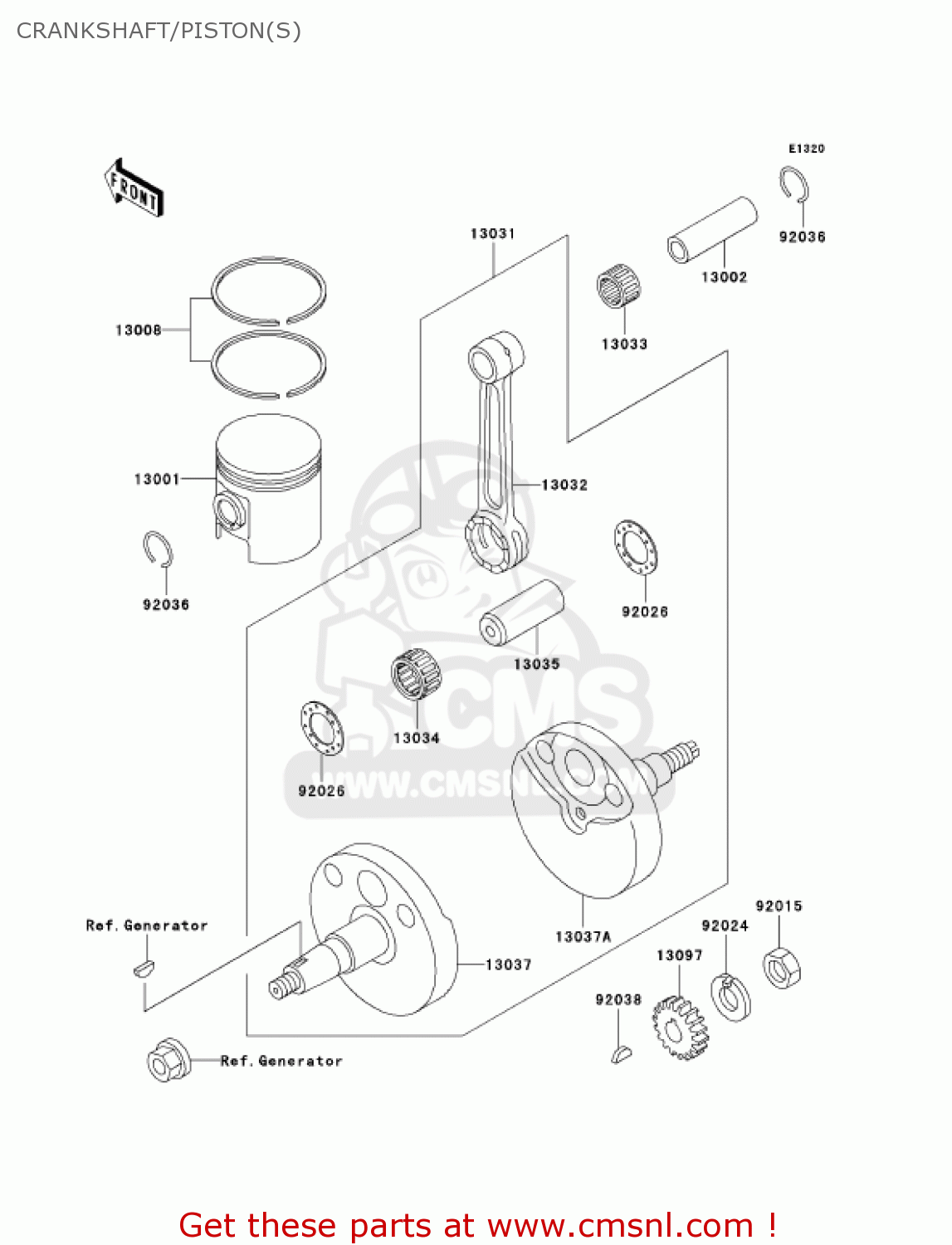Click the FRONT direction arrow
coord(134,188)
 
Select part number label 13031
coord(492,234)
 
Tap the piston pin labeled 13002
coord(712,230)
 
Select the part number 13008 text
coord(138,330)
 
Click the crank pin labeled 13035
coord(521,612)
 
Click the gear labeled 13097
coord(680,1028)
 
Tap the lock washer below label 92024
coord(730,997)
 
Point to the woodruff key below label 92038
coord(621,1054)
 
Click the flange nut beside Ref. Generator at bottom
coord(168,1060)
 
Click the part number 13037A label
coord(583,937)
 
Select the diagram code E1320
coord(806,149)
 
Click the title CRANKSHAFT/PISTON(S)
coord(159,31)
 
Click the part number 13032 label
coord(564,485)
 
